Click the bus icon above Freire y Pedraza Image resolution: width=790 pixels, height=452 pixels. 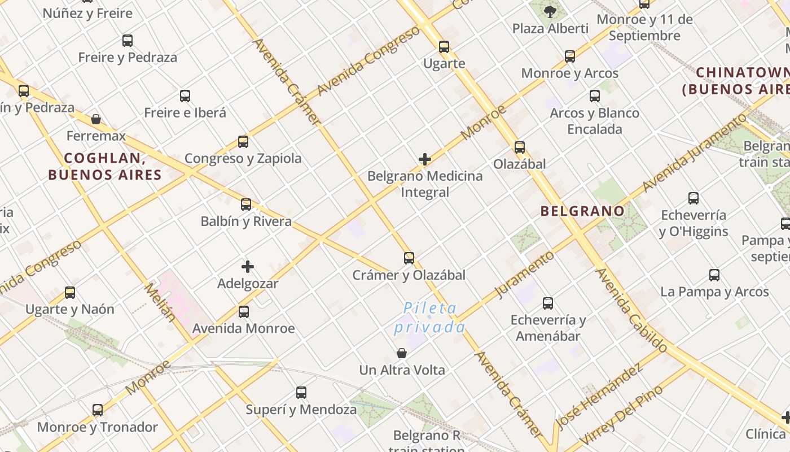pyautogui.click(x=128, y=41)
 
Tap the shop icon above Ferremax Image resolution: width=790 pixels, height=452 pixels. pyautogui.click(x=96, y=119)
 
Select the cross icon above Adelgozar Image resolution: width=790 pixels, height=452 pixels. pyautogui.click(x=248, y=267)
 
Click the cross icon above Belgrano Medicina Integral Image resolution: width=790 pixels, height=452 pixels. pyautogui.click(x=425, y=159)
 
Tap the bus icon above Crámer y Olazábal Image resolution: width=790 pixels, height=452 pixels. pyautogui.click(x=409, y=258)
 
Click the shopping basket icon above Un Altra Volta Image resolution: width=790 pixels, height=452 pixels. pyautogui.click(x=402, y=354)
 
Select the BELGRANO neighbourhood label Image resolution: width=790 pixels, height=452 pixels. pyautogui.click(x=582, y=211)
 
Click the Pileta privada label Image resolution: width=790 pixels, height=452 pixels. pyautogui.click(x=430, y=318)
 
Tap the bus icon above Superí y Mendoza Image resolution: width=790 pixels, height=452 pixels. pyautogui.click(x=301, y=392)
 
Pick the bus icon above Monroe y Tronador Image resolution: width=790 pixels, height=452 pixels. pyautogui.click(x=98, y=410)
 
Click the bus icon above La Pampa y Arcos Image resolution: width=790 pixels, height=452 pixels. pyautogui.click(x=714, y=275)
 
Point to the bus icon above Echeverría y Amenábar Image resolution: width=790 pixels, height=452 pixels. pyautogui.click(x=548, y=303)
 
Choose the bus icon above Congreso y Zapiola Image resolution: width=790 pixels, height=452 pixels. pyautogui.click(x=243, y=142)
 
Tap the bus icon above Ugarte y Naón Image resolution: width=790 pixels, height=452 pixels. pyautogui.click(x=70, y=293)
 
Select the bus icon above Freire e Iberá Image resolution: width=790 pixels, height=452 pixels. pyautogui.click(x=185, y=96)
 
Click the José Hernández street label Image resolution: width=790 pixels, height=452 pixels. pyautogui.click(x=599, y=397)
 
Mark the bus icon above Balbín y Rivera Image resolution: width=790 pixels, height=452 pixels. pyautogui.click(x=246, y=205)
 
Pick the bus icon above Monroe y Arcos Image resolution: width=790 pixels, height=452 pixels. pyautogui.click(x=570, y=56)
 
